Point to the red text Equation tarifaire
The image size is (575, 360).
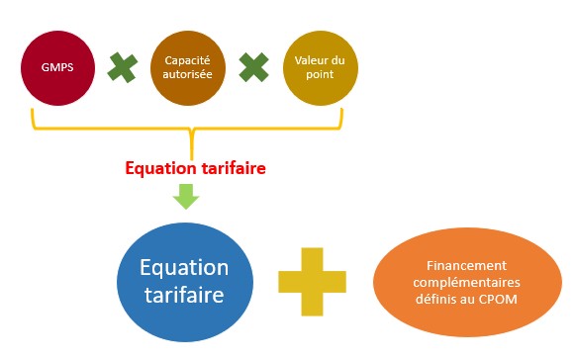coord(196,167)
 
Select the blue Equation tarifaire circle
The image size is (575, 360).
coord(184,281)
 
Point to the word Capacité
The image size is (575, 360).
coord(186,59)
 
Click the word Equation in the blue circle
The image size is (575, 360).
coord(184,268)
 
